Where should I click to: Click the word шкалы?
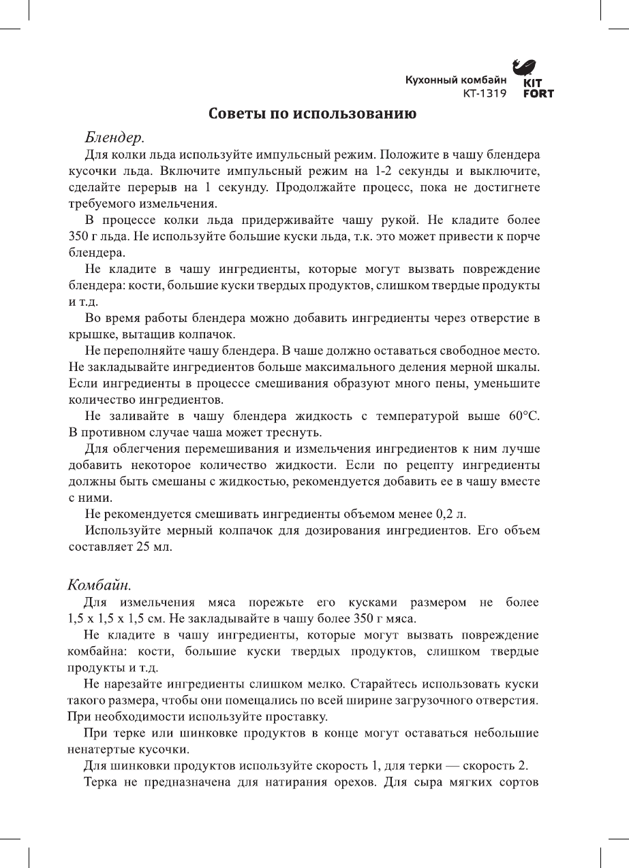[523, 368]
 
